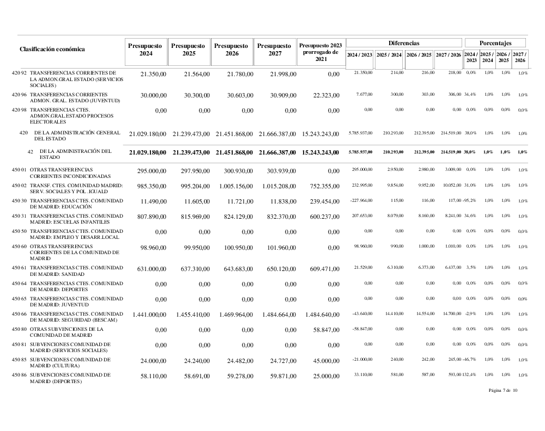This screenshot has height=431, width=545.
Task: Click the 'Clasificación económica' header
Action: pos(52,49)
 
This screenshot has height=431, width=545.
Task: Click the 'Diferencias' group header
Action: pos(404,42)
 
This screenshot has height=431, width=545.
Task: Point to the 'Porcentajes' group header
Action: pos(495,42)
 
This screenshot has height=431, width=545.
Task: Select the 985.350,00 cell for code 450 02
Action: pos(150,186)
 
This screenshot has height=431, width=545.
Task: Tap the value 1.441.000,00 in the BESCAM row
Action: pos(149,315)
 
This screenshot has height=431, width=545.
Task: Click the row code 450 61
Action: pos(20,267)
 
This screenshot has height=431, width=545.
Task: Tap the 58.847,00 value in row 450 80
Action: pos(326,330)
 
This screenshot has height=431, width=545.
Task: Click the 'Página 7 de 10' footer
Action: pos(503,390)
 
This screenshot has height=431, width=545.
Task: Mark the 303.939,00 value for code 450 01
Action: pos(281,171)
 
